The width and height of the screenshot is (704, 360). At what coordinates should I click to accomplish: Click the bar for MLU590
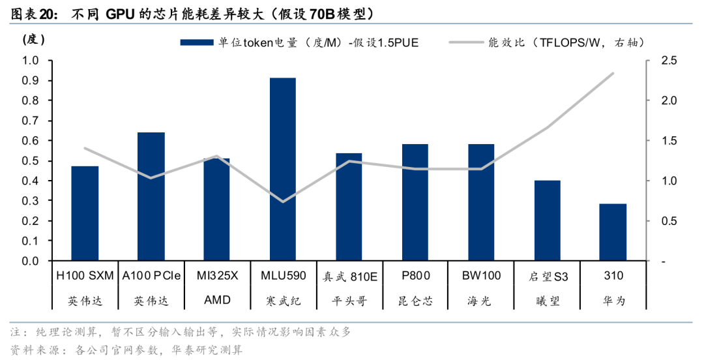tap(283, 170)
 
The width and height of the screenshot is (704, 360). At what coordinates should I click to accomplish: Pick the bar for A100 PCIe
tap(151, 197)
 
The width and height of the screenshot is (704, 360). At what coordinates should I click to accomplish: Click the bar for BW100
tap(481, 203)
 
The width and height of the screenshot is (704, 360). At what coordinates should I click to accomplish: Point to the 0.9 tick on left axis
tap(31, 81)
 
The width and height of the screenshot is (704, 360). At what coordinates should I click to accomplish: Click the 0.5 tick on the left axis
tap(31, 161)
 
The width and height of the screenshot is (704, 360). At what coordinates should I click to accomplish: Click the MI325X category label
tap(217, 276)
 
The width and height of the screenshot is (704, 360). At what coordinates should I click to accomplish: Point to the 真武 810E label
tap(349, 276)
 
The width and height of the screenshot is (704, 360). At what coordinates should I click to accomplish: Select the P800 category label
tap(415, 276)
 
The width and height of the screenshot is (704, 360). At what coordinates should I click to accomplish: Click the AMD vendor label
tap(217, 301)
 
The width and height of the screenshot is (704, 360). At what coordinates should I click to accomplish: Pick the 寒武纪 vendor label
tap(283, 301)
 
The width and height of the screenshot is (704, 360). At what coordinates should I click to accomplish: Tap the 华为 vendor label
tap(613, 301)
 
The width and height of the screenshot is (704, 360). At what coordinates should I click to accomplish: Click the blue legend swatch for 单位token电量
tap(197, 43)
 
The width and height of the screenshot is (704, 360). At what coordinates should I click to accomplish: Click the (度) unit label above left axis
tap(33, 39)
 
